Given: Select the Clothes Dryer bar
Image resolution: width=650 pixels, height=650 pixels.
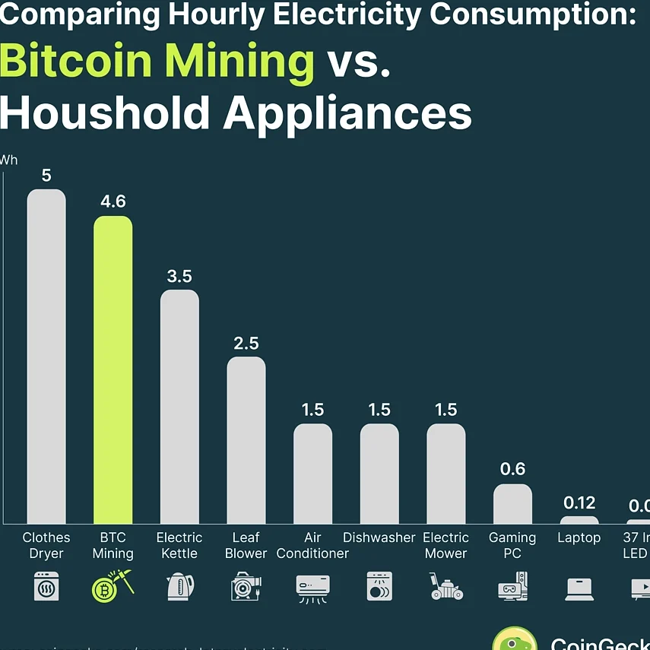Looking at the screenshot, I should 46,357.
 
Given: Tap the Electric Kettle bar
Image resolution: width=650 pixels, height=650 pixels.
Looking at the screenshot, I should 179,407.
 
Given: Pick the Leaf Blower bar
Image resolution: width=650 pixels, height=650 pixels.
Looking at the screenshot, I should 246,440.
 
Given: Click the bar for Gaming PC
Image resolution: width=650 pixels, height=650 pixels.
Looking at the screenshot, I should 512,504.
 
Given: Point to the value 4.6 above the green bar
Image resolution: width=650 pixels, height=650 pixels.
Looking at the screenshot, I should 113,202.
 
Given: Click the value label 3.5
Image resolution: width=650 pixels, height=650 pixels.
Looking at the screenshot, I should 179,276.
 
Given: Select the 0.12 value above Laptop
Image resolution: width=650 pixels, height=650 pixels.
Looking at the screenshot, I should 579,503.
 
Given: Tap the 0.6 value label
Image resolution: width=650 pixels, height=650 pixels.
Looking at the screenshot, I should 512,469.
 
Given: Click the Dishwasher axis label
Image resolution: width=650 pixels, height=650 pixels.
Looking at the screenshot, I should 379,537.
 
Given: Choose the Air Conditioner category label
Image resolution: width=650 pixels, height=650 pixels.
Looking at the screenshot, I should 312,545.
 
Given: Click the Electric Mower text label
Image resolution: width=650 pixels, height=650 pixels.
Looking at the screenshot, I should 445,545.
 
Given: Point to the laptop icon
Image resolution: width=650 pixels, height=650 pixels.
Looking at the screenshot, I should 579,588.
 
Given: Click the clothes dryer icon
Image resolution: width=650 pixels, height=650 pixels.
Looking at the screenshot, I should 46,588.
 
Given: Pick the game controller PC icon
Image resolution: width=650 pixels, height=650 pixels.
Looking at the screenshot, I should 512,587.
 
